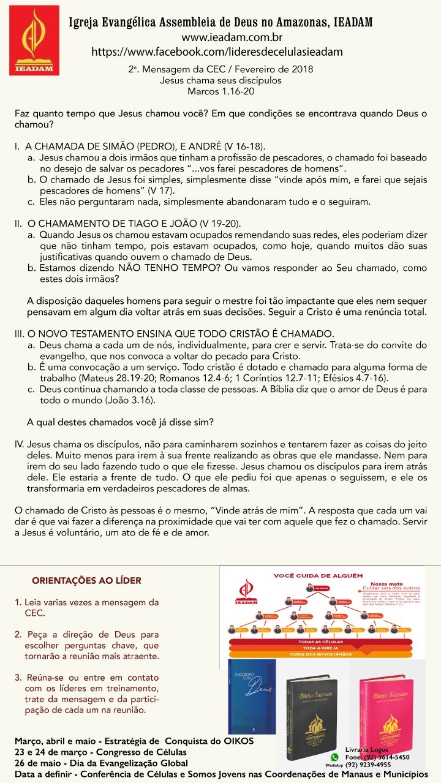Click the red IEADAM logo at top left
[x=34, y=40]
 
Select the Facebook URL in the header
[x=217, y=51]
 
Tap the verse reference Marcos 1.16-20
[x=221, y=91]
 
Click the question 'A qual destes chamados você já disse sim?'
[x=121, y=422]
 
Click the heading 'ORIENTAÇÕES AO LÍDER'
[x=86, y=580]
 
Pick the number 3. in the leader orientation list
[x=18, y=678]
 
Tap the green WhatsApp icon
[x=334, y=757]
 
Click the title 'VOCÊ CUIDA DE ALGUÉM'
[x=318, y=575]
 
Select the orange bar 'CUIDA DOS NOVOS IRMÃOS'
[x=320, y=654]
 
